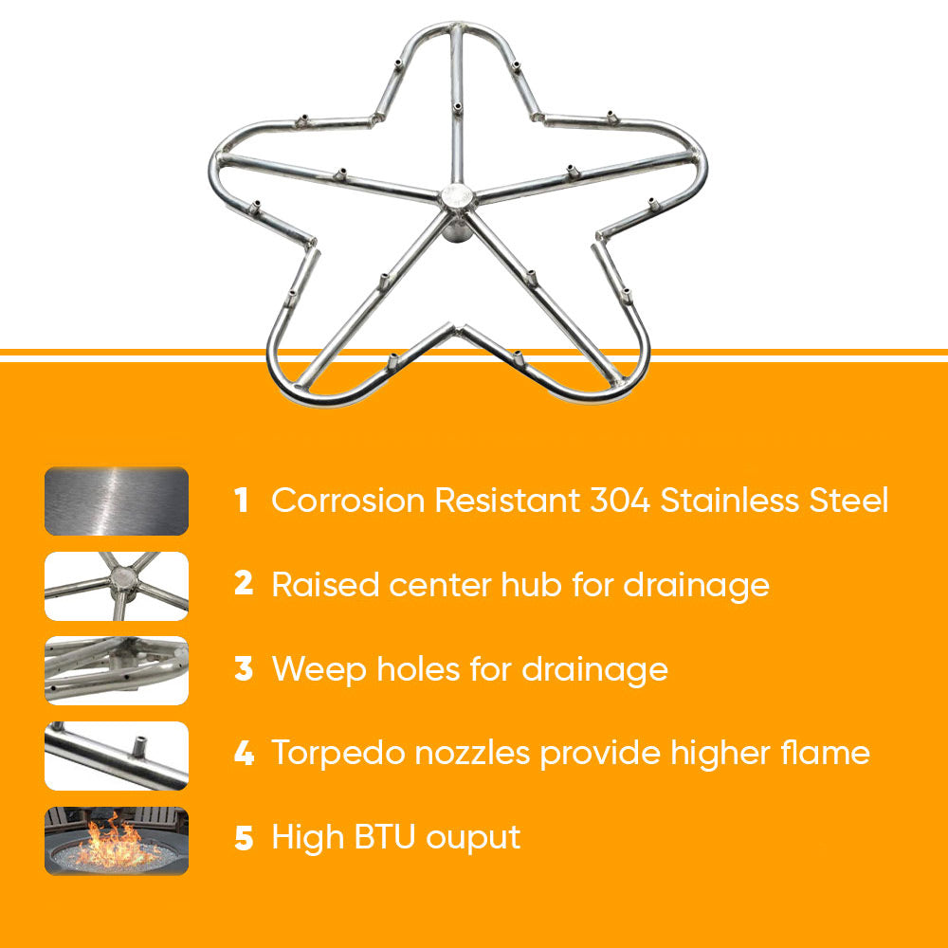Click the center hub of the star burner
(456, 197)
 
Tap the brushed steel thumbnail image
(117, 501)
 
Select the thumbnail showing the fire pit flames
(117, 840)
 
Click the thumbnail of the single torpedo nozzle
(117, 756)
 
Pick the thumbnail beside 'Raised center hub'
(117, 586)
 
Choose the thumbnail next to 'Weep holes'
(117, 670)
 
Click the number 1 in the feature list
(242, 501)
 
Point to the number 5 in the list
(244, 839)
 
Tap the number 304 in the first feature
(619, 501)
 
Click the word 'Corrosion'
(348, 501)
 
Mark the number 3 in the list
(244, 669)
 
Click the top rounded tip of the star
(454, 27)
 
